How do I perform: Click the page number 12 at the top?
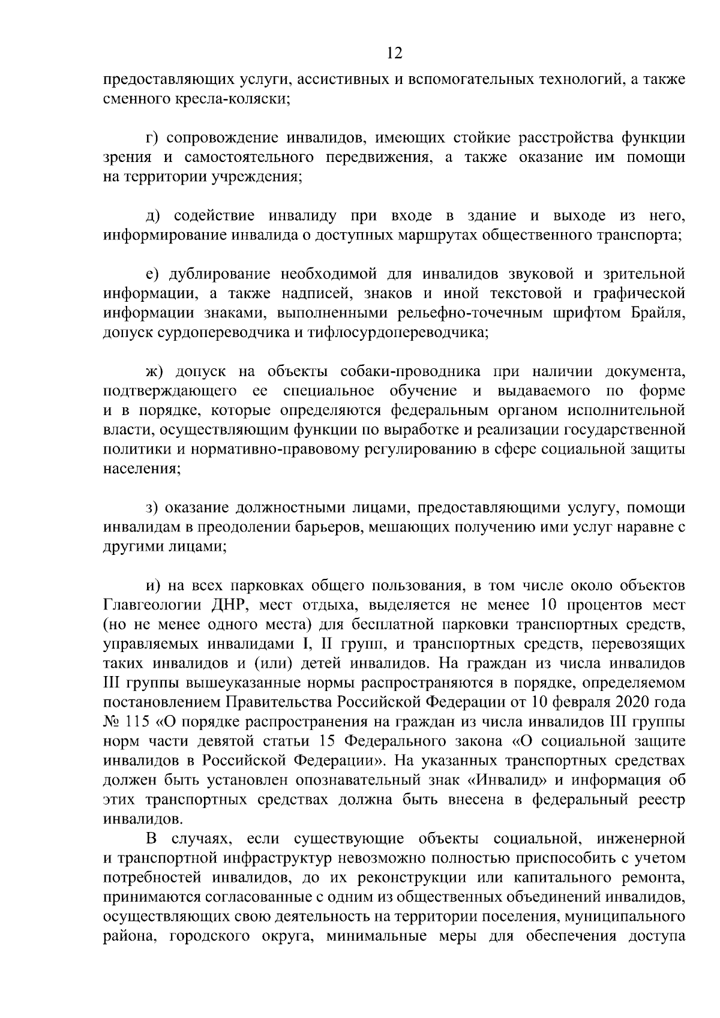pos(394,53)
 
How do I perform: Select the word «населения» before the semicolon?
pos(139,469)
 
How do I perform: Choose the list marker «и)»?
pos(153,585)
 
